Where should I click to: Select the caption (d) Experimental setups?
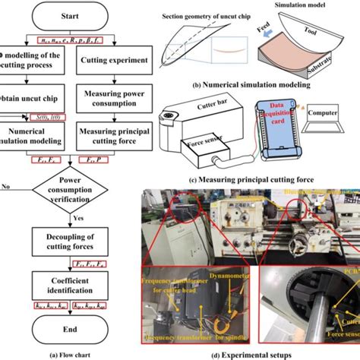pyautogui.click(x=251, y=353)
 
